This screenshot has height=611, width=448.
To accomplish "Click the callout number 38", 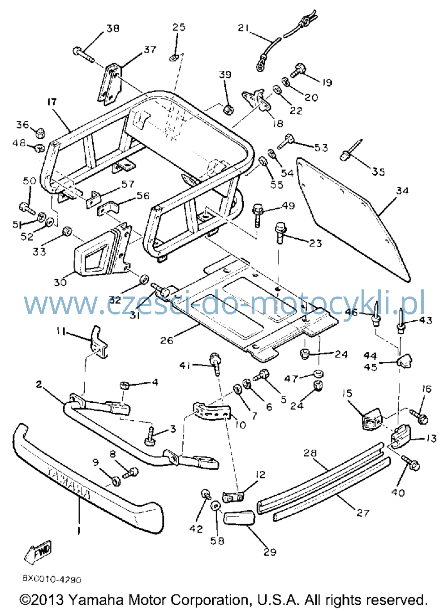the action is pyautogui.click(x=113, y=28).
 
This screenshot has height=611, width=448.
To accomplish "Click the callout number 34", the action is pyautogui.click(x=402, y=191).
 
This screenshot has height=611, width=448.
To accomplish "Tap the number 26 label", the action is pyautogui.click(x=167, y=340).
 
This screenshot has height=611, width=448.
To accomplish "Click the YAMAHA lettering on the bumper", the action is pyautogui.click(x=69, y=483).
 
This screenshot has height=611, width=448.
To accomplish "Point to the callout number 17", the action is pyautogui.click(x=52, y=102).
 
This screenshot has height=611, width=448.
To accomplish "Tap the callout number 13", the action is pyautogui.click(x=431, y=438).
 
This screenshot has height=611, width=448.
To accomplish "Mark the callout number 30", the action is pyautogui.click(x=60, y=282).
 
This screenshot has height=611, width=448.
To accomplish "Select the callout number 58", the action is pyautogui.click(x=217, y=541).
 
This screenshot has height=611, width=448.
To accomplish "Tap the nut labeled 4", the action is pyautogui.click(x=125, y=386).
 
